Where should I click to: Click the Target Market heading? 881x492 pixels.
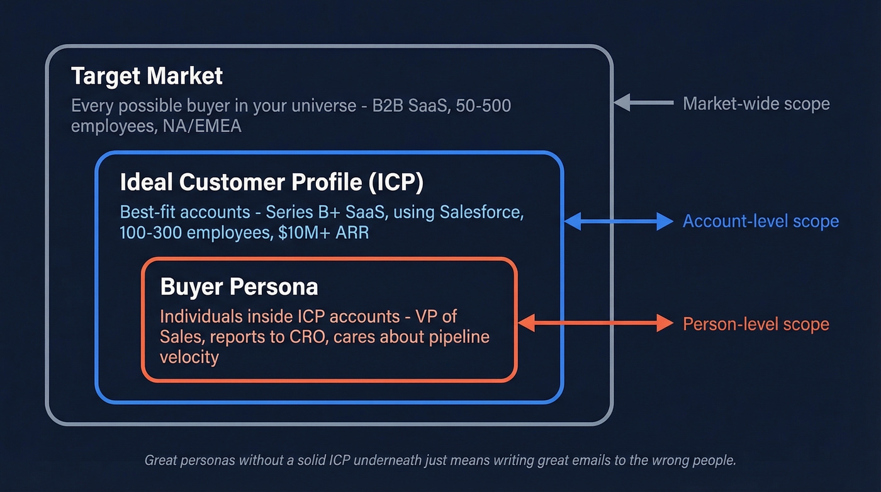click(147, 76)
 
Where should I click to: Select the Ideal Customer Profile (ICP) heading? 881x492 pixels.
click(271, 182)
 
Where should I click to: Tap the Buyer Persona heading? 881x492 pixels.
click(239, 287)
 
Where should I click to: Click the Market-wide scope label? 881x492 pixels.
click(756, 103)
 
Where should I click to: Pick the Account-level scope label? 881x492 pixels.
click(760, 221)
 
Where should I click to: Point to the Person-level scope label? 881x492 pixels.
click(756, 324)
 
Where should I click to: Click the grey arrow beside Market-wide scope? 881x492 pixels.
click(643, 103)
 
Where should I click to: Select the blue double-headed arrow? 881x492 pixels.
click(619, 221)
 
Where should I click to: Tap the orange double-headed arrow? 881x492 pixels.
click(595, 323)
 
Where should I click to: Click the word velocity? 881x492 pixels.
click(189, 357)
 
